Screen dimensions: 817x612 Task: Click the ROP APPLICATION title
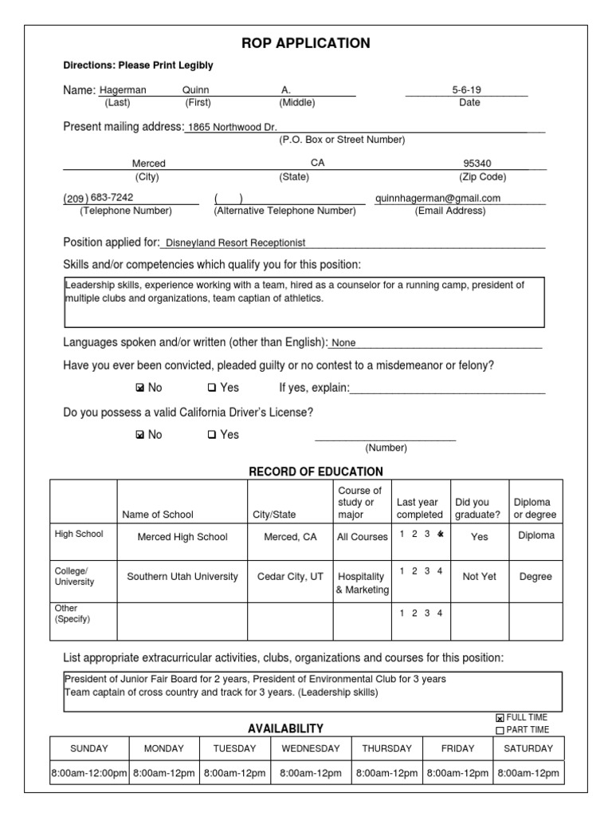coord(306,43)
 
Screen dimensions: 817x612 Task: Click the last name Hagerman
coord(123,91)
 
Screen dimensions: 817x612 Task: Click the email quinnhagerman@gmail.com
coord(437,198)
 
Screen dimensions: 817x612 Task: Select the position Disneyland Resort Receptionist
coord(235,243)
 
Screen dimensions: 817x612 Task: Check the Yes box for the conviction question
coord(212,389)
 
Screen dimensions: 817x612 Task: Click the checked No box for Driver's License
coord(140,436)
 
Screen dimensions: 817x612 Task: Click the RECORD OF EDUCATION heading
coord(316,472)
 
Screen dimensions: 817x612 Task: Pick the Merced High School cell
coord(182,537)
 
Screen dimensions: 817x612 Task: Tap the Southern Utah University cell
coord(182,577)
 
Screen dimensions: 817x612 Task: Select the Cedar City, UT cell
coord(290,577)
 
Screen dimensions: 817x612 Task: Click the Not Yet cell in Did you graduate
coord(479,577)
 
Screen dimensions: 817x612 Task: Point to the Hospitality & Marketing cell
coord(362,583)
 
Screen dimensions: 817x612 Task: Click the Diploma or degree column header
coord(535,508)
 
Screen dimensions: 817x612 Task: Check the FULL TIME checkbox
coord(500,718)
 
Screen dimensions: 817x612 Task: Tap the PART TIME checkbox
coord(500,730)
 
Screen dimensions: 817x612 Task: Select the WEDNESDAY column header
coord(310,748)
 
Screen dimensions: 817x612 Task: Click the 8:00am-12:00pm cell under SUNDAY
coord(88,773)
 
